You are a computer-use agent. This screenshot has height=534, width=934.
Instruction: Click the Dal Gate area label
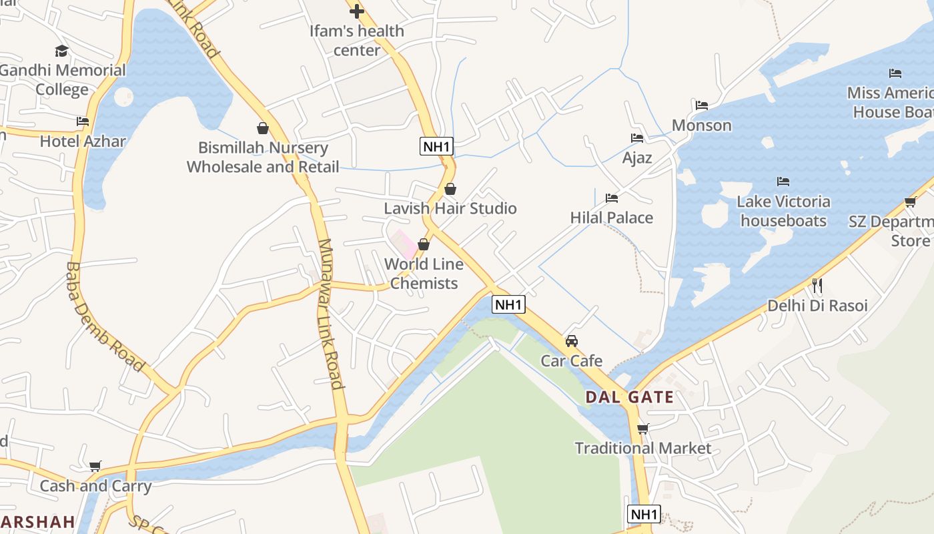tap(629, 397)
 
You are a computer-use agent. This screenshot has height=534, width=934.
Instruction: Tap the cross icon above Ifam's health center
tap(357, 11)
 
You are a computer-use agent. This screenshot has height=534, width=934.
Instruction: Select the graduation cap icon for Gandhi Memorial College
tap(62, 51)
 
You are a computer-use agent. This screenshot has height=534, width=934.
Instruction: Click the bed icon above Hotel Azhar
tap(83, 121)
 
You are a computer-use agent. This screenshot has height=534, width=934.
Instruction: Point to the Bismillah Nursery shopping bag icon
tap(263, 127)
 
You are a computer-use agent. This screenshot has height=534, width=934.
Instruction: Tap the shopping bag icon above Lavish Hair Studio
tap(450, 189)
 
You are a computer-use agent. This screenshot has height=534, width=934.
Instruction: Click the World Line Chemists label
tap(424, 274)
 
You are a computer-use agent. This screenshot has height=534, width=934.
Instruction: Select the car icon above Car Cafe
tap(572, 341)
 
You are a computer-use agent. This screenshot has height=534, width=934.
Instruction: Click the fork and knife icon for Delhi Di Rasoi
tap(817, 286)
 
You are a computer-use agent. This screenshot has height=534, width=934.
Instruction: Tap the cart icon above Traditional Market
tap(643, 429)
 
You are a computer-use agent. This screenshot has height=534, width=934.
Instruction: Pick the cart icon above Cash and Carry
tap(95, 466)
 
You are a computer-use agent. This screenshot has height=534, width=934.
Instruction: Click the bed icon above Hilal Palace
tap(612, 198)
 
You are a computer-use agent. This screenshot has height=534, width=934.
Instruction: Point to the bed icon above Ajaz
tap(637, 138)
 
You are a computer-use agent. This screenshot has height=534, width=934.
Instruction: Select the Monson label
tap(701, 125)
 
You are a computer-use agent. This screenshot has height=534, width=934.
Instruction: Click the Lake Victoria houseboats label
tap(784, 211)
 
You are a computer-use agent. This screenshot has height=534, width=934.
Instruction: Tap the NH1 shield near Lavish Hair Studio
tap(436, 146)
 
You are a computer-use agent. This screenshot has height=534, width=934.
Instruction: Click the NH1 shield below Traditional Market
tap(644, 514)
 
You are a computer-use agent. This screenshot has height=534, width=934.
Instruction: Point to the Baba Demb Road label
tap(105, 316)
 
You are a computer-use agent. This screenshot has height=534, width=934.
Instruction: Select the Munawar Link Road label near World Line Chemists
tap(331, 314)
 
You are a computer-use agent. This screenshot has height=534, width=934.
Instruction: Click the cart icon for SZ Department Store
tap(910, 202)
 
